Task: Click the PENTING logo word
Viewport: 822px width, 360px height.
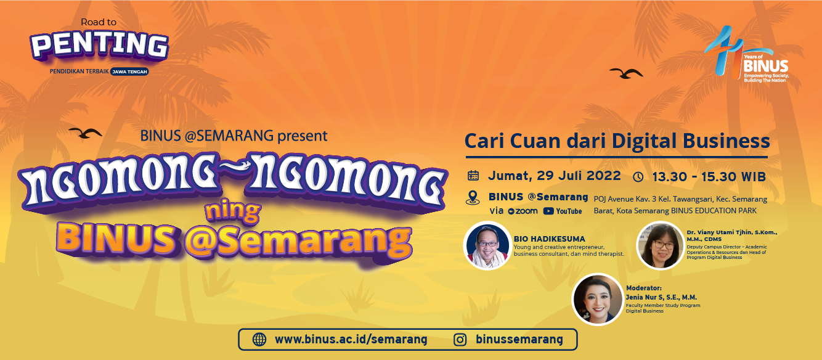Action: (99, 46)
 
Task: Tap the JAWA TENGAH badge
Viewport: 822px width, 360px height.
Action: (129, 72)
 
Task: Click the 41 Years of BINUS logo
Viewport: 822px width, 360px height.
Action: (747, 54)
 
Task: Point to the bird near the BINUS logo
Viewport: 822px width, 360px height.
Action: (626, 73)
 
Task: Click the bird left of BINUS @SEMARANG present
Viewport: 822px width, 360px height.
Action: (85, 133)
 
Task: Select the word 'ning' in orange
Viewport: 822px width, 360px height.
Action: (233, 212)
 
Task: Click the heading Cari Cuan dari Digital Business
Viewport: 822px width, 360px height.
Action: (617, 141)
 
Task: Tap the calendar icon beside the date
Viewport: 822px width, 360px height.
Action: (473, 176)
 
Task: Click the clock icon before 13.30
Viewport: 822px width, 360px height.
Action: (638, 177)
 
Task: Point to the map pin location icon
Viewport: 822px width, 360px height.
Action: (473, 197)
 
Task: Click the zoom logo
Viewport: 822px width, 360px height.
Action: (523, 211)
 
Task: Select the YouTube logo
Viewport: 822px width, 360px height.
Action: (563, 211)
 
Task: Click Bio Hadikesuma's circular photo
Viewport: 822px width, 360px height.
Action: (487, 245)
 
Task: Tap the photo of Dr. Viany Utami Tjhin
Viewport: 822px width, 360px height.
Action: (660, 245)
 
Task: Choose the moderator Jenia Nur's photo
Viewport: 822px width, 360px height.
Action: (598, 299)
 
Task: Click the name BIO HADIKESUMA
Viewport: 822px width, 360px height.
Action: (550, 239)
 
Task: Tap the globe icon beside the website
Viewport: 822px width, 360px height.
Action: (259, 340)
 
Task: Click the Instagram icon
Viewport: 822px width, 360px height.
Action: (460, 340)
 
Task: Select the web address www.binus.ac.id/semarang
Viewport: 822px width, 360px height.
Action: (351, 339)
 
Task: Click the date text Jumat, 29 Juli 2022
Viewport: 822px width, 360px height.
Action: (555, 176)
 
